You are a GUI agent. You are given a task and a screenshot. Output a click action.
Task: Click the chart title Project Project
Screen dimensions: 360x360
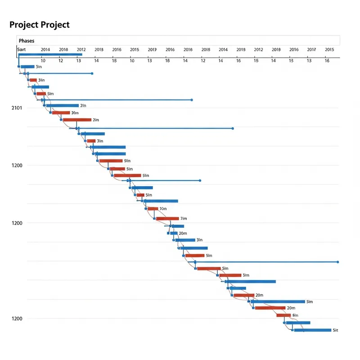pos(40,25)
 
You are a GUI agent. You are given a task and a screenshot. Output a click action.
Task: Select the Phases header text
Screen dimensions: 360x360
pos(27,41)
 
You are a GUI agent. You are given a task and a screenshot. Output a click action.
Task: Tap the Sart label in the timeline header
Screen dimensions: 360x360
pos(22,49)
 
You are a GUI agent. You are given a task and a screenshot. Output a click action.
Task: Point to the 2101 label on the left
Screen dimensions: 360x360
pos(17,108)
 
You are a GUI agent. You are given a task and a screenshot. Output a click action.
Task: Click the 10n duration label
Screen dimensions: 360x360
pos(163,209)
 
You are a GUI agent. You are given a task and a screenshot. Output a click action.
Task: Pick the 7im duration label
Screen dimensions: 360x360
pos(183,219)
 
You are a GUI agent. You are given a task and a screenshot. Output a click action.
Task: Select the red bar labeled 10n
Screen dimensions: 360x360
pos(153,209)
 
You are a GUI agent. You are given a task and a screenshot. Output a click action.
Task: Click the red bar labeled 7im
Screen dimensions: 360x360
pos(167,219)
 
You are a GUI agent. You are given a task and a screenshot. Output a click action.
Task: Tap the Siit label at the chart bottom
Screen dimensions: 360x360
pos(335,330)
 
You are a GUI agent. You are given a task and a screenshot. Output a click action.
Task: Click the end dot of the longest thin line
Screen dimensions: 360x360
pos(337,262)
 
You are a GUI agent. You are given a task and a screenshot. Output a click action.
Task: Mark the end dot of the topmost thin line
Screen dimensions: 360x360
pos(92,73)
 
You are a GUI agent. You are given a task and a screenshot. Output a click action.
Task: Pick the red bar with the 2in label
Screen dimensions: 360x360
pos(77,120)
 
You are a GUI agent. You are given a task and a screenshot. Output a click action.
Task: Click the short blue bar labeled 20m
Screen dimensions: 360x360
pos(173,233)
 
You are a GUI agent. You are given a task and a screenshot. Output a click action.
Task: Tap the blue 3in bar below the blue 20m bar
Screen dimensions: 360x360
pos(185,240)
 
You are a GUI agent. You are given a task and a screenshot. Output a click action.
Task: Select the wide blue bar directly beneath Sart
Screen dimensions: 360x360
pos(50,54)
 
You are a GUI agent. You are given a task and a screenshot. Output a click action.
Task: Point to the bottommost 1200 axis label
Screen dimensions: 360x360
pos(17,319)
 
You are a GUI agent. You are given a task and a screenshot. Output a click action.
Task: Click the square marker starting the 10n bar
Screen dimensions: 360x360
pos(146,209)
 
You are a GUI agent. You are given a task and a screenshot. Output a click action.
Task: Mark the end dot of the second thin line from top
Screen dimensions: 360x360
pos(192,100)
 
